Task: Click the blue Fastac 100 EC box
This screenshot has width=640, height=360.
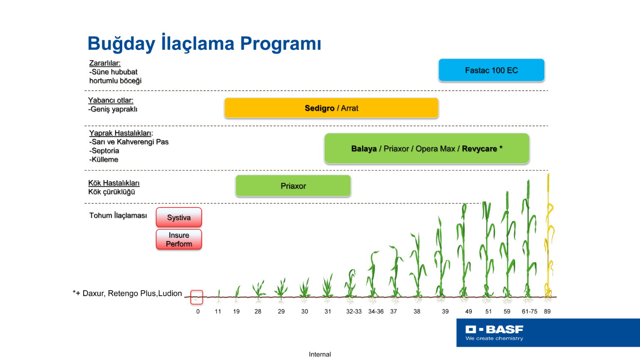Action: tap(491, 70)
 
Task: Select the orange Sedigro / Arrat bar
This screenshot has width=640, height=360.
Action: tap(332, 108)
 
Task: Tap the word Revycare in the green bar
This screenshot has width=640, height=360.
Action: tap(480, 148)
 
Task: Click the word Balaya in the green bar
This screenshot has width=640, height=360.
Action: tap(364, 148)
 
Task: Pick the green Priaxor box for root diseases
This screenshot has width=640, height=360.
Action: tap(293, 186)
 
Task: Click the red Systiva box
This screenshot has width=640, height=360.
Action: tap(179, 217)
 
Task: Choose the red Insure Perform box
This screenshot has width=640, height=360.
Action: tap(179, 239)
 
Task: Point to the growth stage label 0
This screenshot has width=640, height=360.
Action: tap(198, 311)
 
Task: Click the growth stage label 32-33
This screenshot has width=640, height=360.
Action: tap(354, 311)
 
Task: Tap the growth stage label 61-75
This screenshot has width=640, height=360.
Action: tap(529, 311)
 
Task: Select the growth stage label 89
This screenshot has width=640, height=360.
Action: tap(547, 311)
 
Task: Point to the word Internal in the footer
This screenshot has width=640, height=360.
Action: tap(320, 354)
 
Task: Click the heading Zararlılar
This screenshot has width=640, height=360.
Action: tap(105, 63)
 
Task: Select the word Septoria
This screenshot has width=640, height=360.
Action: tap(105, 150)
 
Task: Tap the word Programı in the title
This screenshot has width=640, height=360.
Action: tap(281, 44)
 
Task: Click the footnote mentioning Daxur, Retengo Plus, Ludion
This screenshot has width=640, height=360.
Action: tap(127, 293)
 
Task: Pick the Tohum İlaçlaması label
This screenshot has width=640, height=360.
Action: tap(118, 215)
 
